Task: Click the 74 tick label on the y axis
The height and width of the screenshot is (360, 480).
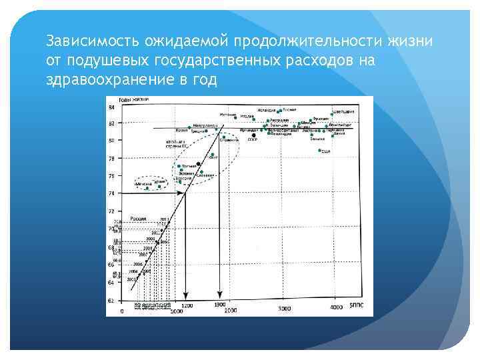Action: tap(111, 193)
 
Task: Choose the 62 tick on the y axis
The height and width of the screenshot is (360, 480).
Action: tap(111, 301)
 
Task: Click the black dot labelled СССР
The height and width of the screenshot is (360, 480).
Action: tap(253, 135)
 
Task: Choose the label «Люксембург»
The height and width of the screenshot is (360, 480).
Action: tap(340, 125)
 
